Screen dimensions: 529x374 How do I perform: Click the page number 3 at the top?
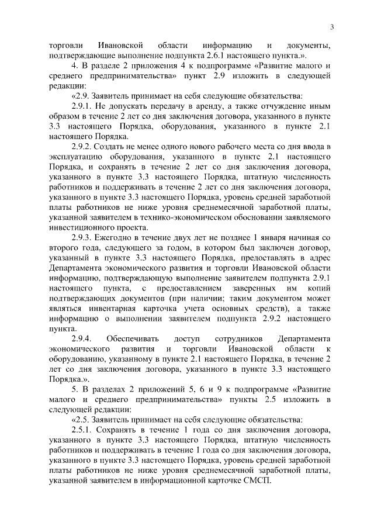pyautogui.click(x=331, y=26)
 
